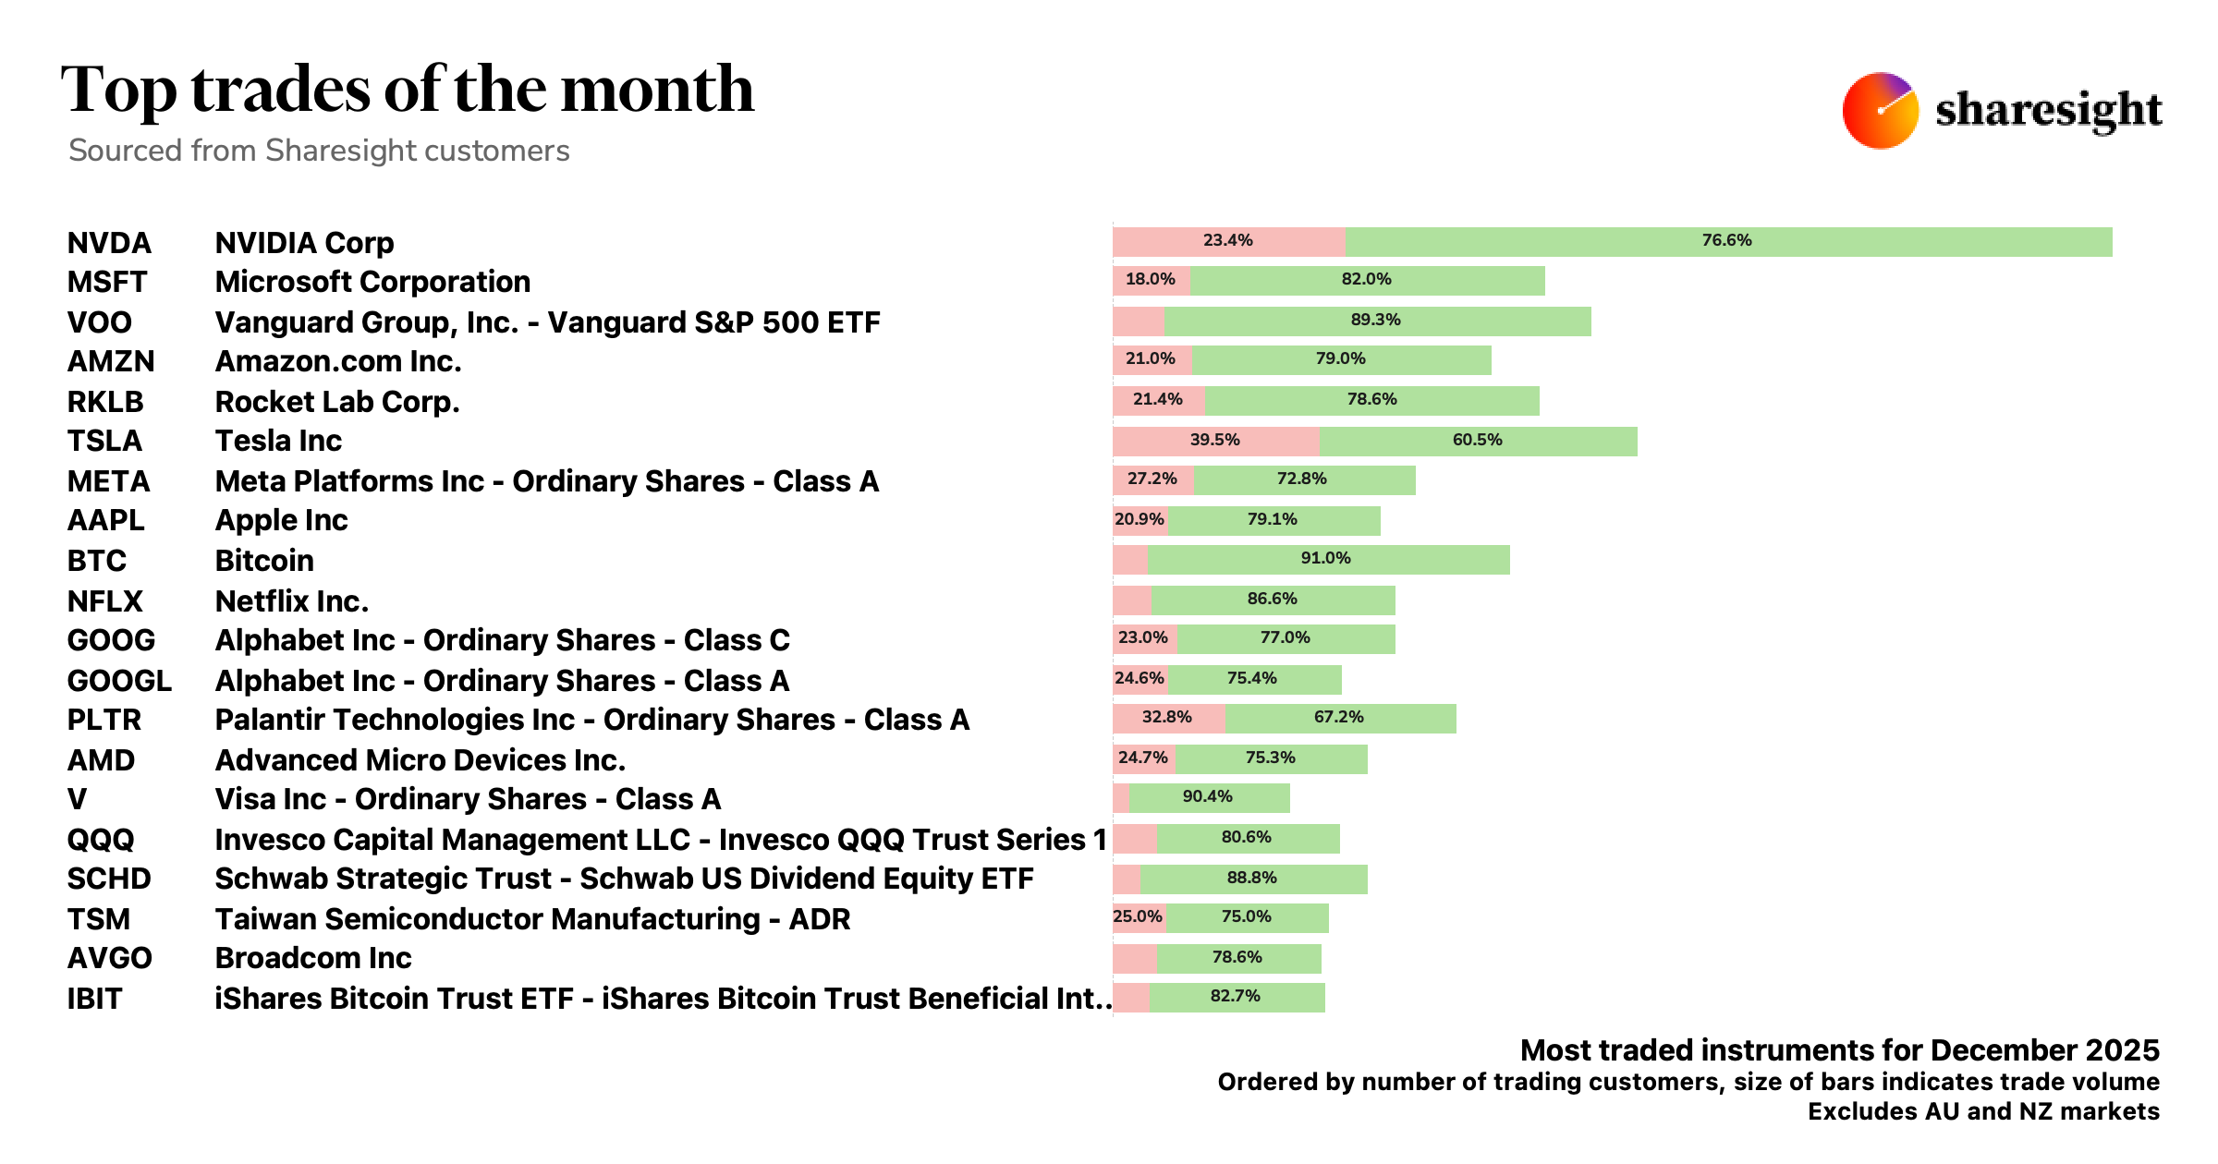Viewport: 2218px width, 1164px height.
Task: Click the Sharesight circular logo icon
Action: [1880, 111]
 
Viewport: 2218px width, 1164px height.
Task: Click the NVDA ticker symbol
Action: [109, 243]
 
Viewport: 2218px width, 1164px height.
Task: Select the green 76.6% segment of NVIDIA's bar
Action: [1727, 241]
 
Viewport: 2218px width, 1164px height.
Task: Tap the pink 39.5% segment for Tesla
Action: [1214, 441]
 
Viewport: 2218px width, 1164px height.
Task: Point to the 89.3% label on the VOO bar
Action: [1375, 321]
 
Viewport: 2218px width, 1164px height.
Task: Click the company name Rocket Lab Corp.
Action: [336, 402]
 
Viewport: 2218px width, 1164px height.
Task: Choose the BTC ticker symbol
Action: [96, 561]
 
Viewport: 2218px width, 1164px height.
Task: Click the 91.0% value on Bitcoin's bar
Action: [1325, 559]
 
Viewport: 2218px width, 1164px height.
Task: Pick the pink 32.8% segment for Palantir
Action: [1167, 718]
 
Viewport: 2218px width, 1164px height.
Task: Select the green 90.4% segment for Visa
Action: [1208, 797]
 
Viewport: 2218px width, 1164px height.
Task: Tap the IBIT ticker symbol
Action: [94, 999]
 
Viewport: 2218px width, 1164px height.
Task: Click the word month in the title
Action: [657, 90]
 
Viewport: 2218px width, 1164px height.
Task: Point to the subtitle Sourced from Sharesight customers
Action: [319, 151]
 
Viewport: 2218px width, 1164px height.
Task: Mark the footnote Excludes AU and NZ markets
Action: [1983, 1111]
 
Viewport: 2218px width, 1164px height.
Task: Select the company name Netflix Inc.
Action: [291, 601]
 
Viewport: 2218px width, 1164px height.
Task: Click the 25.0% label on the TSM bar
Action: [1138, 917]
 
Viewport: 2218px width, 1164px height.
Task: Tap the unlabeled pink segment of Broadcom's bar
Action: [1134, 958]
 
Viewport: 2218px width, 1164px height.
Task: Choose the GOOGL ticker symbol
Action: [119, 681]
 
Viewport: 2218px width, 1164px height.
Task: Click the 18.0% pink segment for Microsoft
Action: [1151, 280]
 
